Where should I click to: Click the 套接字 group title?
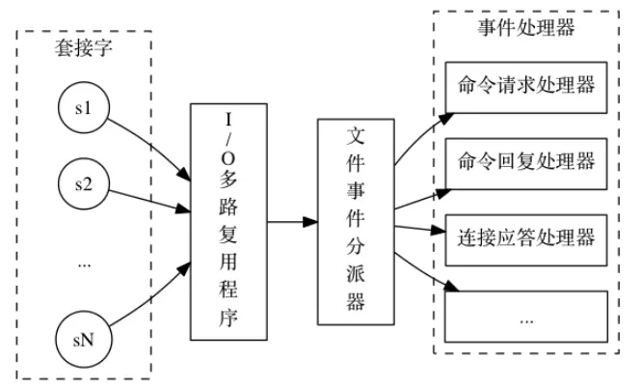[84, 48]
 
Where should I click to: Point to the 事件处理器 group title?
[526, 28]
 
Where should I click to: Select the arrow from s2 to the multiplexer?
[149, 202]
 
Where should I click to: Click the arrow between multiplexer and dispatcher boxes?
[293, 222]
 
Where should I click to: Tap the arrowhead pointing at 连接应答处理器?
[439, 231]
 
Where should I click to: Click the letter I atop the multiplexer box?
[228, 120]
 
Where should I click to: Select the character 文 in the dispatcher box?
[356, 136]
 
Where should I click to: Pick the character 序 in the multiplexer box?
[228, 317]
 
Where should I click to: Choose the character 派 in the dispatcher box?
[356, 273]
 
